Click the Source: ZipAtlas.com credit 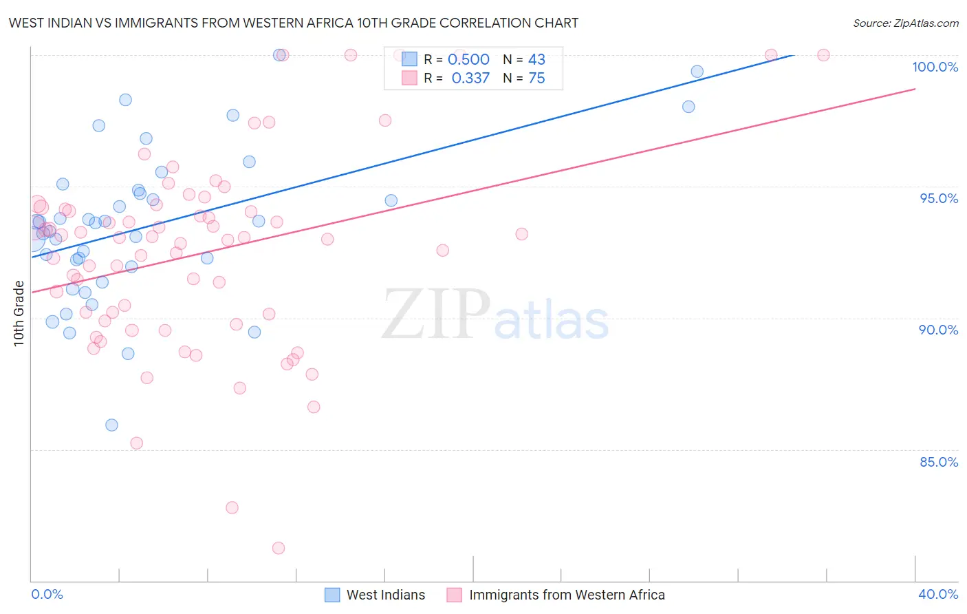click(905, 23)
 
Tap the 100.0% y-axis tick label click(935, 67)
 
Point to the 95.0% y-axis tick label click(938, 198)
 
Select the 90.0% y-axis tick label click(938, 330)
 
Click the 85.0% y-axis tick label click(938, 462)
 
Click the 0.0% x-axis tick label click(47, 594)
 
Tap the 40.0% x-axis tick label click(937, 594)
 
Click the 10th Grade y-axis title click(19, 313)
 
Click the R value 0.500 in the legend click(468, 60)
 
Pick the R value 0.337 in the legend click(470, 78)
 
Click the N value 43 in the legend click(536, 60)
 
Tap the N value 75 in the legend click(536, 78)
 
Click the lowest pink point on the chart click(279, 548)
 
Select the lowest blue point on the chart click(111, 425)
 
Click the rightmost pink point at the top click(823, 55)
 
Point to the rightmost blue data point click(697, 72)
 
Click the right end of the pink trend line click(915, 89)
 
